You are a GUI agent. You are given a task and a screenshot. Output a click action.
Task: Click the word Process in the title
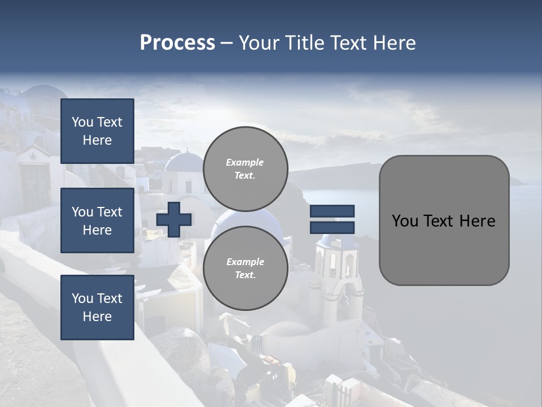177,43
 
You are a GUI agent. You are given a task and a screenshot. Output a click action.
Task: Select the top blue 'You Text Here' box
97,131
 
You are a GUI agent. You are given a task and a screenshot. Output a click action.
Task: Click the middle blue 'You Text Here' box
97,220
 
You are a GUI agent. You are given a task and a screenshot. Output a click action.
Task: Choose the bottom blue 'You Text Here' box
97,308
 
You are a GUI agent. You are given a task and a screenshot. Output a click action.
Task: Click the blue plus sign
174,219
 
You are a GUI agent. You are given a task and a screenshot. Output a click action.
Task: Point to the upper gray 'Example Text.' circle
246,169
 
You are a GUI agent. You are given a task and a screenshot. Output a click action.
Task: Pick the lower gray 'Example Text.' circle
246,269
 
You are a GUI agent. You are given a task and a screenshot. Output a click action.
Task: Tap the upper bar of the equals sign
332,211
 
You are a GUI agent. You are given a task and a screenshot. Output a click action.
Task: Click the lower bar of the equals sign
332,227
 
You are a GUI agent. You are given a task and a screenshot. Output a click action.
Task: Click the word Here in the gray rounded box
477,221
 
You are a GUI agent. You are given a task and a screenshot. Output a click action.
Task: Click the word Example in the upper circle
245,162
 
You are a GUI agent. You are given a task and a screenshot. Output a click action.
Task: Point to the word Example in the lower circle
245,262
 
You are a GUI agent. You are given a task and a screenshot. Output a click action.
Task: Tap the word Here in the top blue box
97,140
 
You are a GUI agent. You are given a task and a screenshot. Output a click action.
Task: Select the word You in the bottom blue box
82,298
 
